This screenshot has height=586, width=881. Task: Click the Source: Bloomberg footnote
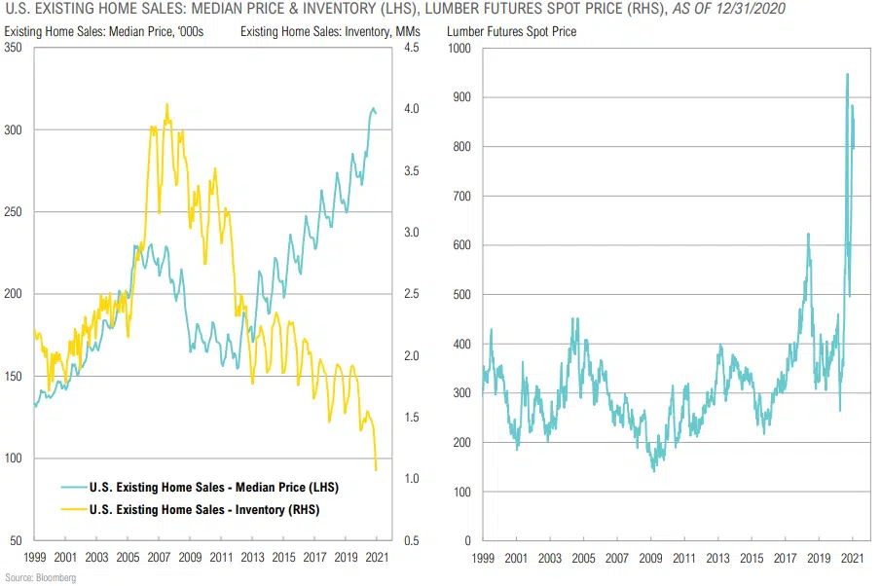(x=40, y=578)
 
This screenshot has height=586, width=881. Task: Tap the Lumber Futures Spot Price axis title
(x=511, y=31)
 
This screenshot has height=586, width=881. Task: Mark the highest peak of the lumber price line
(x=847, y=74)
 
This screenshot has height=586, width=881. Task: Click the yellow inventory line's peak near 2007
(x=166, y=104)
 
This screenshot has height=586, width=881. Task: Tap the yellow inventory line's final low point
(x=376, y=470)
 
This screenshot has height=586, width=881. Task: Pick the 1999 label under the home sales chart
(x=34, y=560)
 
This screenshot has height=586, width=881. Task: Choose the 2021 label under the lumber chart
(x=853, y=560)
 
